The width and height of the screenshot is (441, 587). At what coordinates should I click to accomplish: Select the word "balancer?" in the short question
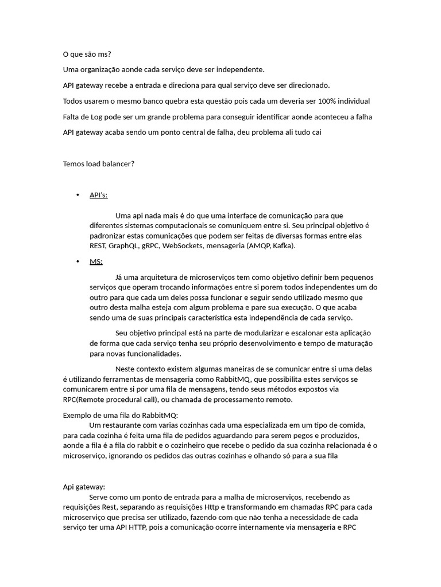point(118,164)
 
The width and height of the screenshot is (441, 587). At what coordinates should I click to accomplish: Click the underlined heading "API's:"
point(98,195)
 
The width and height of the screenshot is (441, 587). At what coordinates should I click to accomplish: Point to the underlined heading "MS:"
point(96,261)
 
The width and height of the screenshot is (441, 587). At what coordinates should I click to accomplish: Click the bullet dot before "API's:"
point(78,195)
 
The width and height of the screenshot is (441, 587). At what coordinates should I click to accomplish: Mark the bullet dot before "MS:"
point(78,261)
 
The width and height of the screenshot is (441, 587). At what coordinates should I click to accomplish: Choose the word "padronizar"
point(108,236)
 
